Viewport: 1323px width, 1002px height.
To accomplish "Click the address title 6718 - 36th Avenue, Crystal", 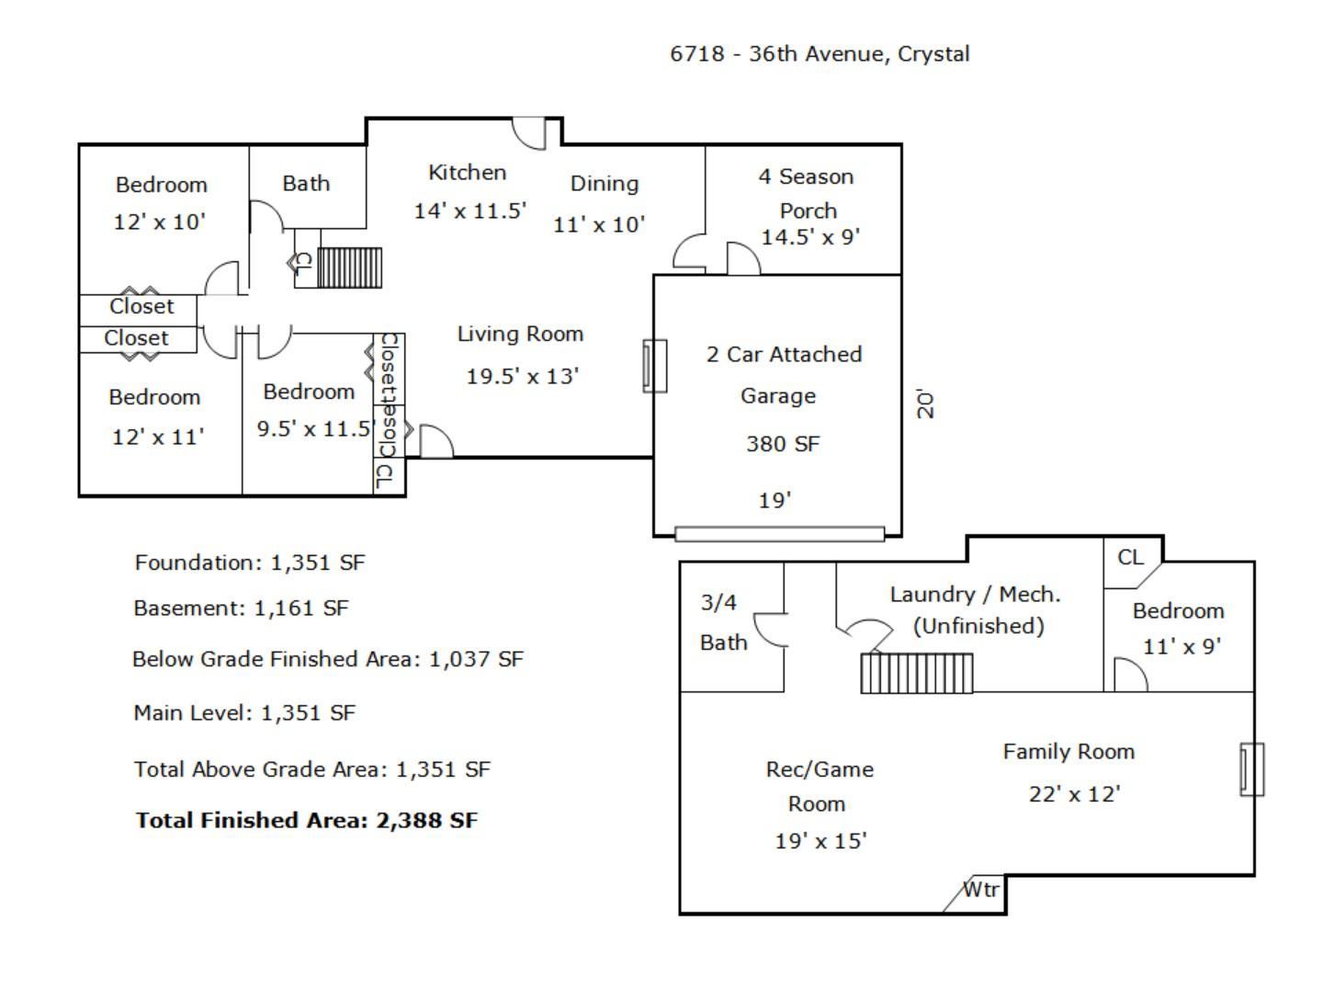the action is (x=820, y=54).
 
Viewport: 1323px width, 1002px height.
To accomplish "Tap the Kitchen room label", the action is (x=467, y=173).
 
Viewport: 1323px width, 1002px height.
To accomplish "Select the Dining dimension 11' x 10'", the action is (x=599, y=225).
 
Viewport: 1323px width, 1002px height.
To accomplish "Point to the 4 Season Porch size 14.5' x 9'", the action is (x=810, y=237).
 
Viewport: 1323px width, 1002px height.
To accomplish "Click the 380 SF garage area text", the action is (x=783, y=444).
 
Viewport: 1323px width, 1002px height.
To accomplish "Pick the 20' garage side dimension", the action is (x=925, y=404).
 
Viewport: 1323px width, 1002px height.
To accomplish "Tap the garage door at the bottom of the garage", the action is (x=779, y=534).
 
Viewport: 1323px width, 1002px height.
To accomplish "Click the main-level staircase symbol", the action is (x=350, y=268).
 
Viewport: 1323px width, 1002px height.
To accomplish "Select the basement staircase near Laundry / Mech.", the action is (x=916, y=674).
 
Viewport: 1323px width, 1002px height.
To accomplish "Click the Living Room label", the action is (x=520, y=334).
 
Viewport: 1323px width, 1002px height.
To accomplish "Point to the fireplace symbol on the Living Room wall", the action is (x=654, y=366).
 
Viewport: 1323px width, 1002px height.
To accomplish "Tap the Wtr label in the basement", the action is (x=981, y=889).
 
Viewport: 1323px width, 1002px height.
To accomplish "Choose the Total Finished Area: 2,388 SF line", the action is (x=306, y=820).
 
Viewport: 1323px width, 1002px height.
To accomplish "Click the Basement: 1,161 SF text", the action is (x=241, y=608).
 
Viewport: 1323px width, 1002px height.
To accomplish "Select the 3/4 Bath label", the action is (x=723, y=622).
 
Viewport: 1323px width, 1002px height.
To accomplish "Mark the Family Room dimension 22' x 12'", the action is (x=1074, y=794).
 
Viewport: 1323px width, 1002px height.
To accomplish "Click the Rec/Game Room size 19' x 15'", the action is (x=820, y=840).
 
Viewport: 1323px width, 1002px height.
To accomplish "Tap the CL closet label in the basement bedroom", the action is (x=1130, y=557).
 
